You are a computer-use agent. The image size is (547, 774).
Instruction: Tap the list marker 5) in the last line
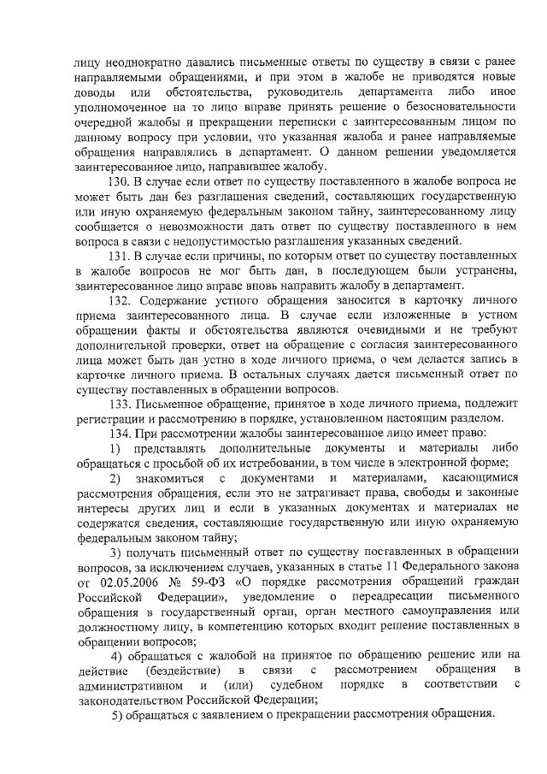tap(119, 716)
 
